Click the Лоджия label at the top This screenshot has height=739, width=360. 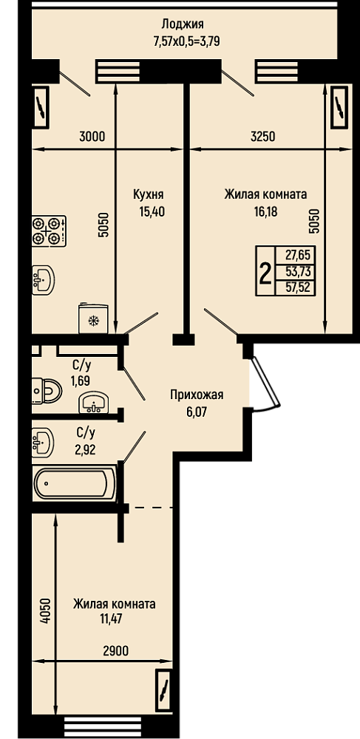[183, 24]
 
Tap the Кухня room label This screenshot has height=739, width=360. [148, 194]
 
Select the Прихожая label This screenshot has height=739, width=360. [197, 395]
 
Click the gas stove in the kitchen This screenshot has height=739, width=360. [49, 231]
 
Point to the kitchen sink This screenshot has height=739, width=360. [43, 279]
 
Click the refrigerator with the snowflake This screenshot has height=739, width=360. [94, 318]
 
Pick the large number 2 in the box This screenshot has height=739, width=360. [265, 273]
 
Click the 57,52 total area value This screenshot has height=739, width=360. [297, 287]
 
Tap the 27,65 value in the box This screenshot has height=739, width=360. [297, 257]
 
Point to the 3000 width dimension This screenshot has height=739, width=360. [92, 137]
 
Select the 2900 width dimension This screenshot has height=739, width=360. [115, 651]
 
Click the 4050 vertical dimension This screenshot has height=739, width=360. [45, 611]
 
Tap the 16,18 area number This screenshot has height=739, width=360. [265, 211]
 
